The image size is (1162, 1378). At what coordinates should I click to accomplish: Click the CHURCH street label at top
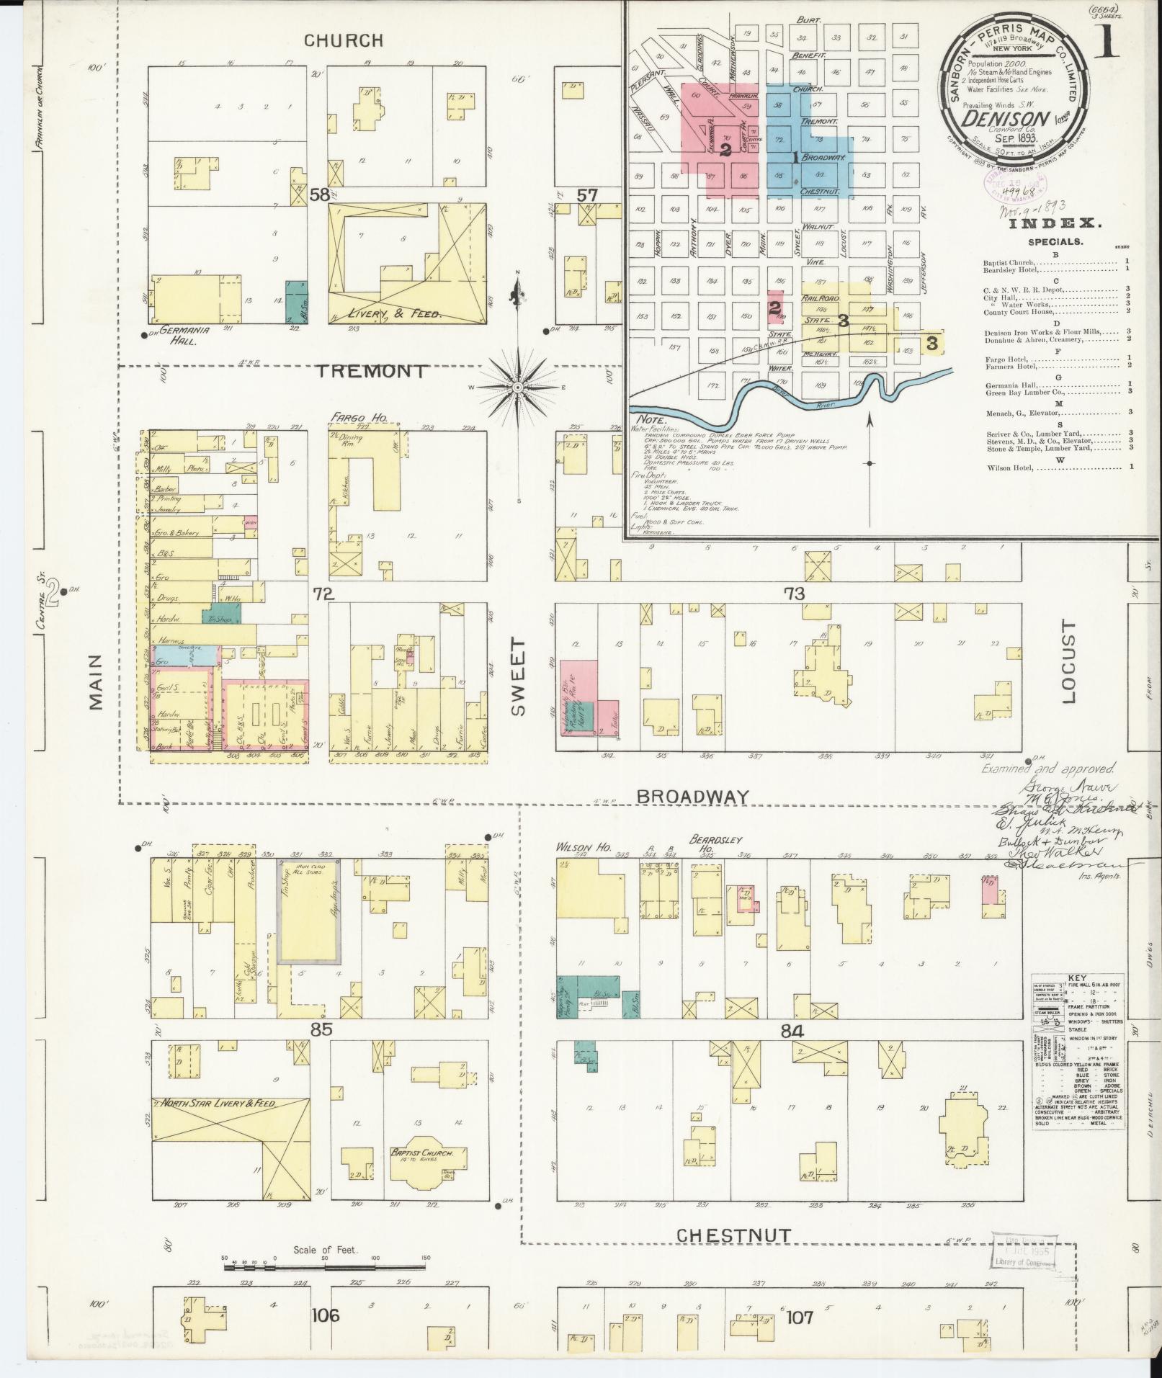(343, 40)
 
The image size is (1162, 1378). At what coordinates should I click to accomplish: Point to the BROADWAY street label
(693, 795)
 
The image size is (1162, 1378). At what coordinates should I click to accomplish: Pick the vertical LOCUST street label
(1067, 661)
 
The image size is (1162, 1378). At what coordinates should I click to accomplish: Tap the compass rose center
(517, 388)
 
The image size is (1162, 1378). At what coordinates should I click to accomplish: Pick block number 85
(321, 1030)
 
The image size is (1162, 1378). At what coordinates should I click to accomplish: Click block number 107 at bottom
(800, 1317)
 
